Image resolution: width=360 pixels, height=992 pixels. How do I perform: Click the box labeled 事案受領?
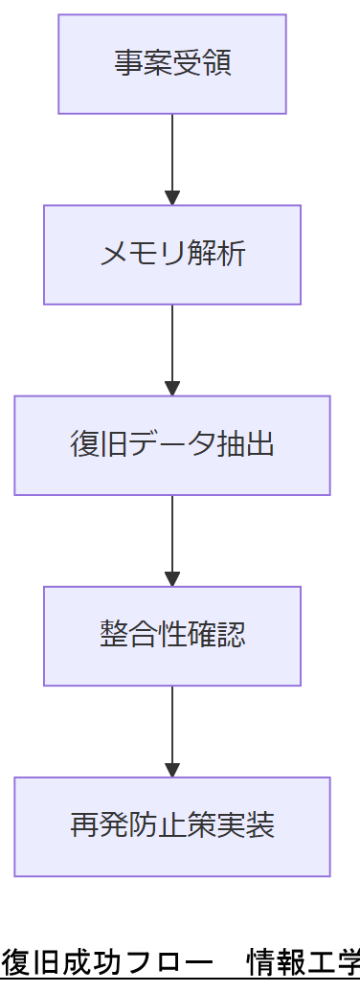[172, 64]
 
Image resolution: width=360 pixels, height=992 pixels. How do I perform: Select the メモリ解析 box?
[172, 255]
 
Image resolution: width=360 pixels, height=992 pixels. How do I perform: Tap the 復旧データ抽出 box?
[172, 445]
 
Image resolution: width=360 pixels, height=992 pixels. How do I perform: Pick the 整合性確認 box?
[172, 636]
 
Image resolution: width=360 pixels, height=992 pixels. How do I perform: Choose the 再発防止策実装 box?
[172, 826]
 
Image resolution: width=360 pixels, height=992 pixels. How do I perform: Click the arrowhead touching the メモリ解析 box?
[172, 198]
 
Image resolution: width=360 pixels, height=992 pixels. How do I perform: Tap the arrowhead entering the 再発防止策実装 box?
[172, 770]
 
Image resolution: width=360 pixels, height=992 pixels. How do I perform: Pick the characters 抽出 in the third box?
[251, 445]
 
